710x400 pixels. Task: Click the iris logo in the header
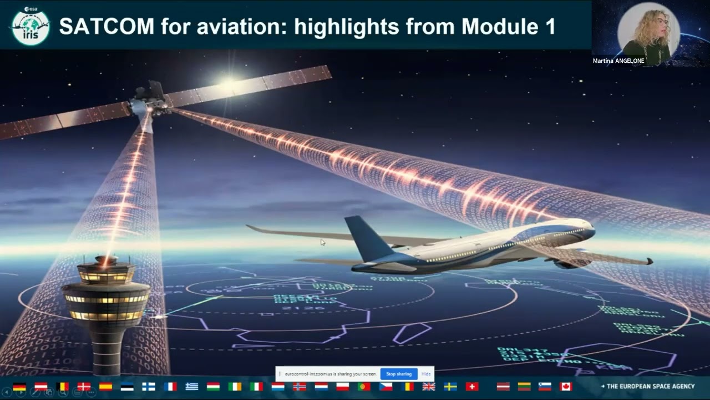click(x=31, y=26)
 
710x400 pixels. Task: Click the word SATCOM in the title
click(x=105, y=26)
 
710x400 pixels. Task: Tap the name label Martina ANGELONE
click(x=618, y=61)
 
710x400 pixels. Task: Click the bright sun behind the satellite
click(x=227, y=83)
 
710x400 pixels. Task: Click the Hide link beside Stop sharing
click(x=426, y=374)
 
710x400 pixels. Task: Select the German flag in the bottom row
click(x=19, y=386)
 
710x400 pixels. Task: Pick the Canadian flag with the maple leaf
click(x=565, y=386)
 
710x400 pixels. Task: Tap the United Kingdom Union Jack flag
click(x=429, y=386)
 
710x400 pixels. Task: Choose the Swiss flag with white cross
click(x=472, y=386)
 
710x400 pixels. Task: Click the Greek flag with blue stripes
click(x=192, y=386)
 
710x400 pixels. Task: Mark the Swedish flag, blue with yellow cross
click(x=450, y=386)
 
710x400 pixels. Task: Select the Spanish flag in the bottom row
click(x=105, y=386)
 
